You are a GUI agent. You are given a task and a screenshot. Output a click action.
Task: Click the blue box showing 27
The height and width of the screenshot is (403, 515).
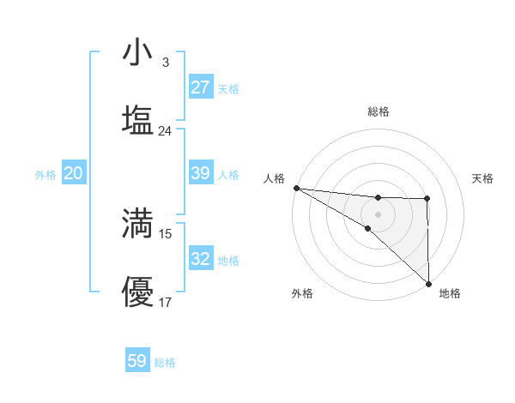(200, 87)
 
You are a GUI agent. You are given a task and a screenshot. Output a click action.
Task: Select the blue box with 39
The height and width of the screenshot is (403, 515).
(200, 173)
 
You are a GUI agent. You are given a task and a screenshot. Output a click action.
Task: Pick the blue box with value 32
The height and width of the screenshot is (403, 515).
(200, 259)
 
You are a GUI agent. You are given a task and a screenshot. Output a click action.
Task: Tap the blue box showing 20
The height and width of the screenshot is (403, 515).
(74, 173)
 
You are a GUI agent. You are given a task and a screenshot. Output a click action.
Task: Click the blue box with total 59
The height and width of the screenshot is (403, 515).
(137, 361)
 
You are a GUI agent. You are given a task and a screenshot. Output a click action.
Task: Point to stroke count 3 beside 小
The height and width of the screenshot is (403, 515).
(165, 62)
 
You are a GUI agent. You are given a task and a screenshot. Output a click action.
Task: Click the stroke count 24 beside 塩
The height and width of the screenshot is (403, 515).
(166, 130)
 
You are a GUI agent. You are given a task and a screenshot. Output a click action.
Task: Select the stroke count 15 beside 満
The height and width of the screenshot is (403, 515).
(166, 233)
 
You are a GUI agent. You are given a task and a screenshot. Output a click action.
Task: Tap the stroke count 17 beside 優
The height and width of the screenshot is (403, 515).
(166, 302)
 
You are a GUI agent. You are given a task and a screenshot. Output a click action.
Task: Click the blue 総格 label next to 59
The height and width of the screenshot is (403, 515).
(165, 362)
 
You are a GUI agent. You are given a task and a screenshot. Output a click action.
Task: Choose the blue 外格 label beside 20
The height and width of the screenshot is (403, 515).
(45, 174)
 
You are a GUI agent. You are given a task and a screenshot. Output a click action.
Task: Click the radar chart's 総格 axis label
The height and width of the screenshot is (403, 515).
(378, 111)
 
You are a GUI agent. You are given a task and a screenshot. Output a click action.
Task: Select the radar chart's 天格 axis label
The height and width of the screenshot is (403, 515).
(482, 178)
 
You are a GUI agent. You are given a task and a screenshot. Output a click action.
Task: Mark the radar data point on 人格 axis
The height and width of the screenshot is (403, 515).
(295, 188)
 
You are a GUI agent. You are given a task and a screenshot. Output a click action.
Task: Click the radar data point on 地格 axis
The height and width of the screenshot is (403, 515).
(428, 283)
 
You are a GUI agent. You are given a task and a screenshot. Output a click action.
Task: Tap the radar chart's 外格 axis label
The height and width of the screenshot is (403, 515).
(301, 293)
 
